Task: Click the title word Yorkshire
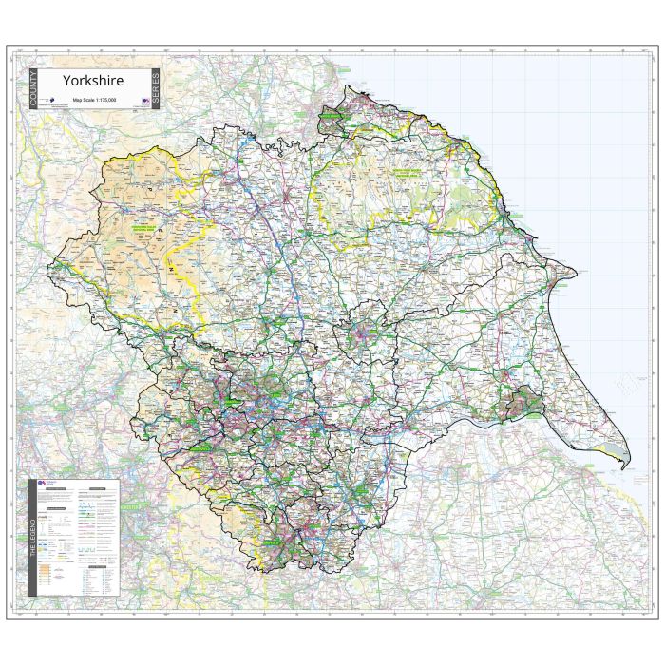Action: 93,81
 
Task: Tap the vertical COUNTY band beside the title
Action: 34,89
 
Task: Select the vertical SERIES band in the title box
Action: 156,89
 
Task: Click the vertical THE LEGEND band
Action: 33,538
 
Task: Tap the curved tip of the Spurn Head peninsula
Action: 623,466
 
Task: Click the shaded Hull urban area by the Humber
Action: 524,404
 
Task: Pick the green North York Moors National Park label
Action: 408,175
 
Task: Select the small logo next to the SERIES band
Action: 145,99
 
